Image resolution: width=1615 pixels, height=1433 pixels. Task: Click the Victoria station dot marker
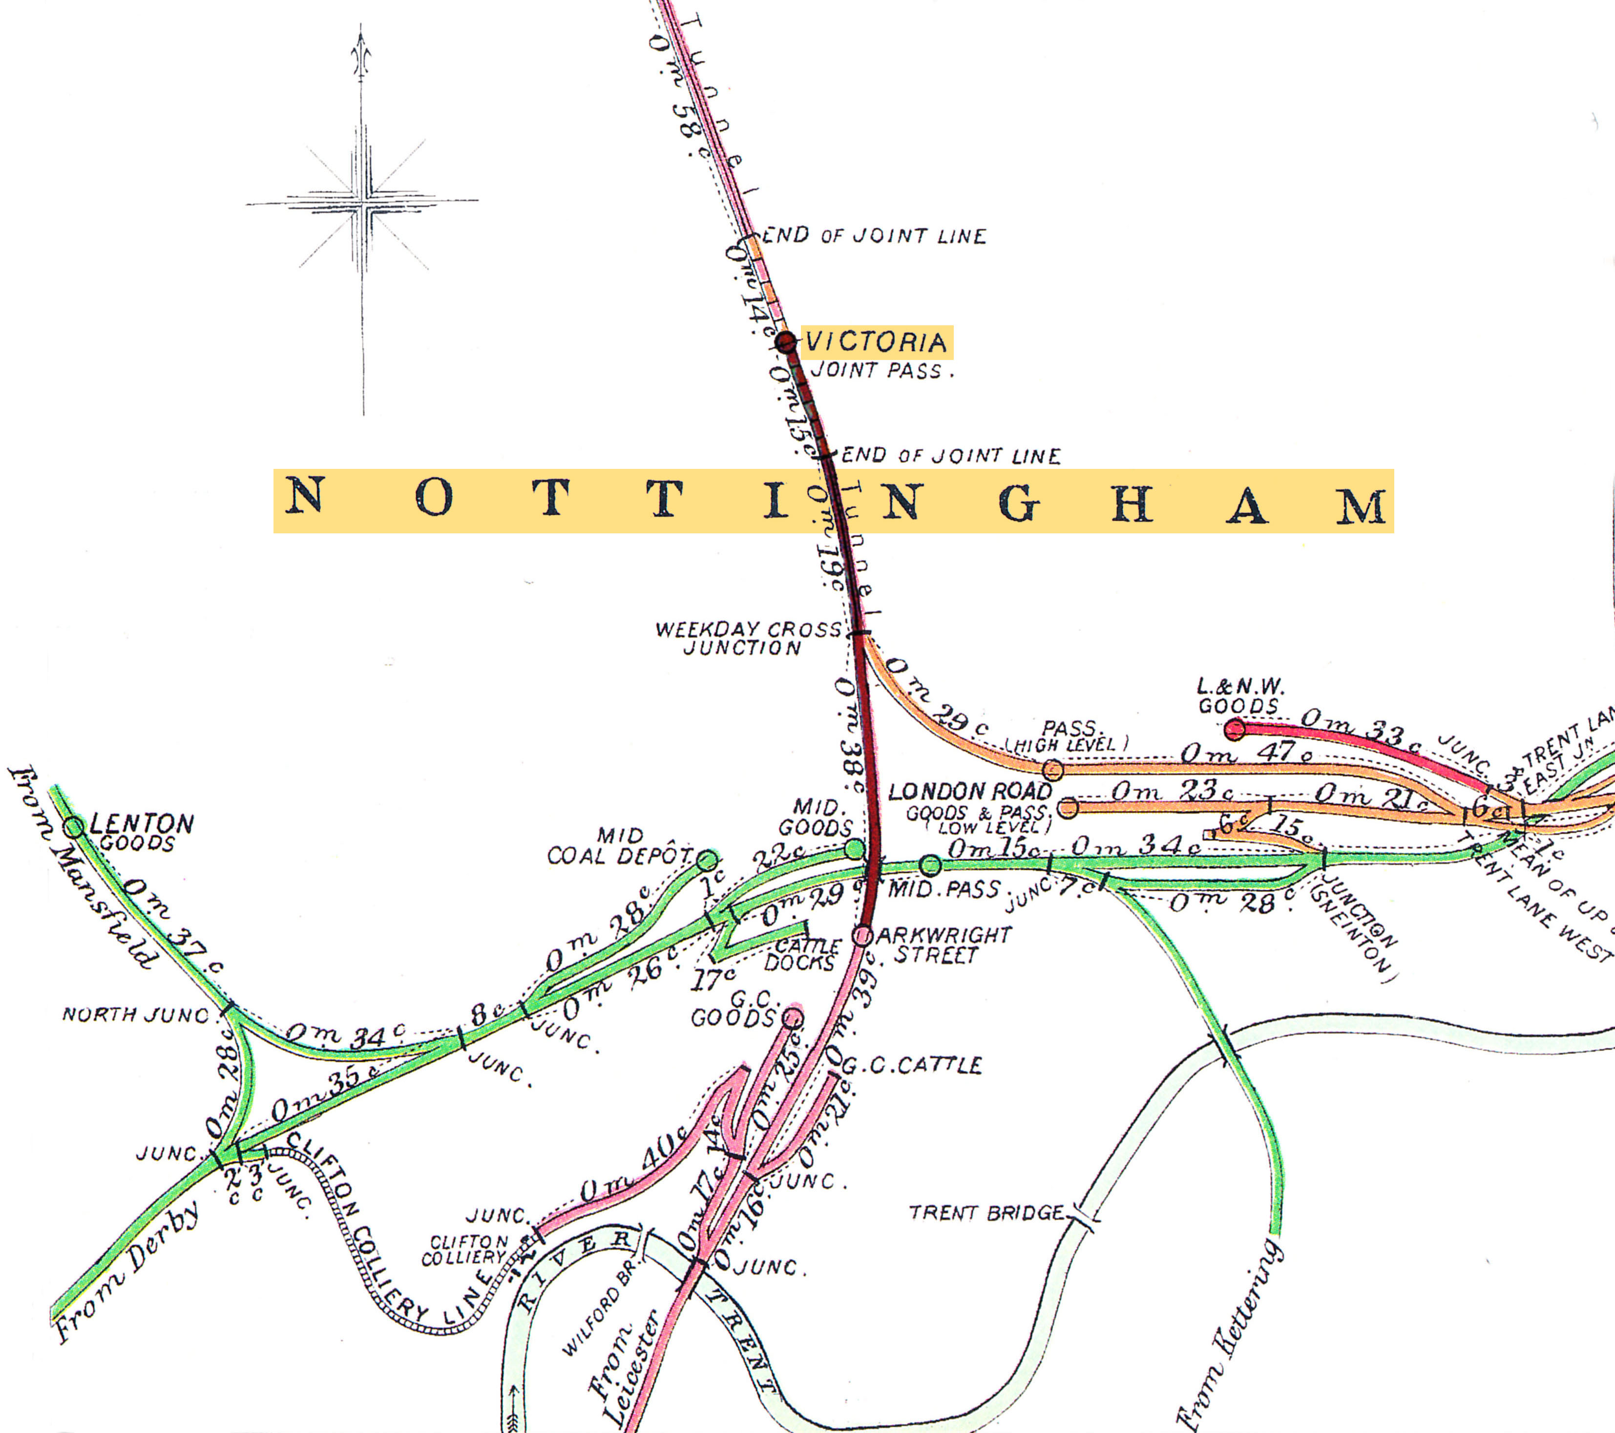(785, 342)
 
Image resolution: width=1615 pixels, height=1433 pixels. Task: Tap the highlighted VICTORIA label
(876, 342)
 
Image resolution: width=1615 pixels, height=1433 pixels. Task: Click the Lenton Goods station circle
(74, 827)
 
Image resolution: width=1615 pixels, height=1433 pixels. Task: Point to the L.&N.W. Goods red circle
(1235, 729)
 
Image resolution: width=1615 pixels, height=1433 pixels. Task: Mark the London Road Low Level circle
(1068, 807)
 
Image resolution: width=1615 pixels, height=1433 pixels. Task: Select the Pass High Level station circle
(1052, 769)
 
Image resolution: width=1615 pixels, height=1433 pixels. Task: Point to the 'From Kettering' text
(1229, 1336)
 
